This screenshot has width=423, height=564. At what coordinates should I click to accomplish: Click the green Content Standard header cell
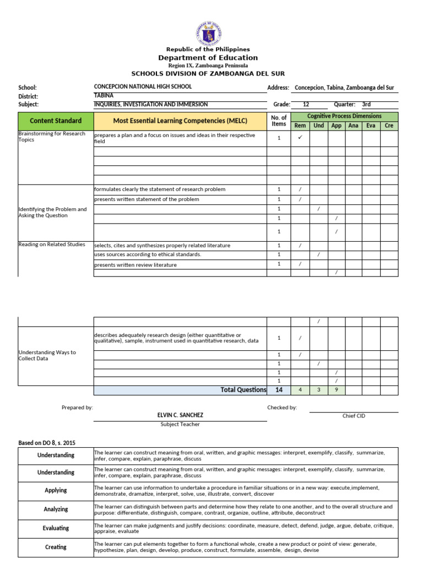56,121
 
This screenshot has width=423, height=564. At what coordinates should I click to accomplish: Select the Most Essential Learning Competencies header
180,121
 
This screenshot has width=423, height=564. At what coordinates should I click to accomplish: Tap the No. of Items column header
279,121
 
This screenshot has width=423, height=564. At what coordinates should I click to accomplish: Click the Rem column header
300,126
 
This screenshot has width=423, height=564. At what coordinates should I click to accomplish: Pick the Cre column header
389,126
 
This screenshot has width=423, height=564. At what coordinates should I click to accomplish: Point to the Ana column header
354,126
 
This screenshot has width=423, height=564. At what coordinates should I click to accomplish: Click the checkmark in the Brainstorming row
300,138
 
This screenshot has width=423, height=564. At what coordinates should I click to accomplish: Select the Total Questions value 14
279,390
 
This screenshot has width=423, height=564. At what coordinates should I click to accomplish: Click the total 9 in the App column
337,391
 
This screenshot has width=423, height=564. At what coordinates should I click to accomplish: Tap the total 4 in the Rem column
300,391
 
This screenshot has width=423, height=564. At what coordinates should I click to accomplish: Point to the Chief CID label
354,416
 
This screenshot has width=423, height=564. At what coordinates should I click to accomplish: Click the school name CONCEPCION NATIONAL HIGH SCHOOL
143,86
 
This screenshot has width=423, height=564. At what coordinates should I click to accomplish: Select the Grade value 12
306,104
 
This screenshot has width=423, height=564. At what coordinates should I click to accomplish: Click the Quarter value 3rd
366,104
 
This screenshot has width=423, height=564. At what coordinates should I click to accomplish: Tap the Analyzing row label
56,509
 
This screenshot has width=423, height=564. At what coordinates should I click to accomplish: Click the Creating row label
56,547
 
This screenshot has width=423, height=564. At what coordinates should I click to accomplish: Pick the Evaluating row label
56,528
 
